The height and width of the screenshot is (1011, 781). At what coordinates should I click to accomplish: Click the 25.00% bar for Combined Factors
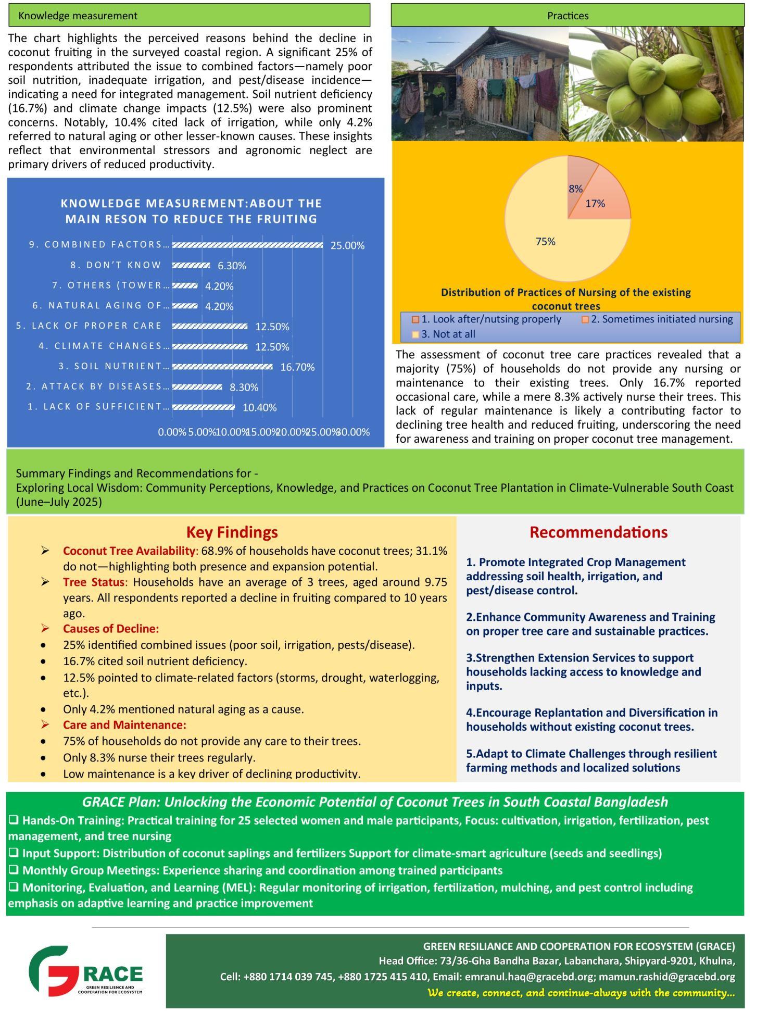click(x=247, y=245)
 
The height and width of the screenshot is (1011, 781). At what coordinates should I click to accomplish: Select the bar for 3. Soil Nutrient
click(x=222, y=367)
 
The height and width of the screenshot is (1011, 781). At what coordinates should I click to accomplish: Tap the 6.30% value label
click(x=232, y=266)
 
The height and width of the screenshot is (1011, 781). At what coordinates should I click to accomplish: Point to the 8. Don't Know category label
click(x=116, y=265)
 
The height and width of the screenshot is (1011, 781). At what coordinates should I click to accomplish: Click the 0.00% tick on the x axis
click(x=172, y=432)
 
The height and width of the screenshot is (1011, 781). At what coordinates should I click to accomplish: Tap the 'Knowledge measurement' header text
click(x=78, y=16)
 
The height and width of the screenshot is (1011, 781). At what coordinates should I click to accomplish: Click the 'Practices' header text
click(x=568, y=16)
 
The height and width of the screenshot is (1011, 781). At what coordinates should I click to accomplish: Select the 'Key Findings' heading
click(x=232, y=532)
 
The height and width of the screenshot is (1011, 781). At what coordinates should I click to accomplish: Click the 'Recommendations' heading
click(x=598, y=532)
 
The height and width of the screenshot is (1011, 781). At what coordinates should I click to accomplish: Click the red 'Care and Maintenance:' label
click(x=124, y=725)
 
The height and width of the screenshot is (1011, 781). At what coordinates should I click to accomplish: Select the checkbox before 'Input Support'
click(x=14, y=853)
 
